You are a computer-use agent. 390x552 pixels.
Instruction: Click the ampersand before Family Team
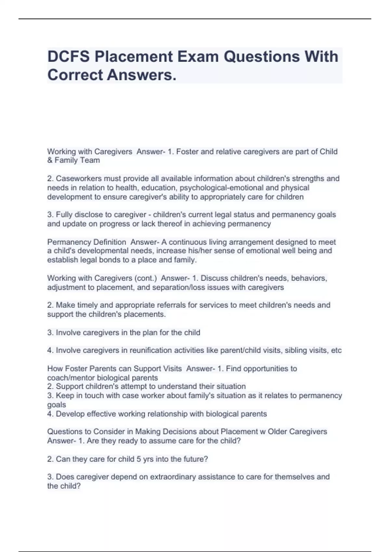(50, 160)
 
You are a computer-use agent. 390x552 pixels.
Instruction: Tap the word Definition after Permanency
(110, 242)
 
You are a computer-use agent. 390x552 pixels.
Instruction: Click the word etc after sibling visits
(336, 350)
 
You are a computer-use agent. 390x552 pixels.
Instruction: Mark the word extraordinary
(175, 477)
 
